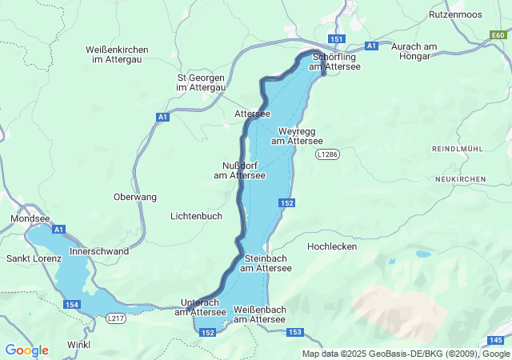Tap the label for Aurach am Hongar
[x=411, y=51]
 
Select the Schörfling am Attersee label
[x=336, y=62]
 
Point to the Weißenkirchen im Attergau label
[x=117, y=54]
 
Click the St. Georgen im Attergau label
[x=201, y=82]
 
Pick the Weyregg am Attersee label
[x=297, y=136]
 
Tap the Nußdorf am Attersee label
[x=239, y=170]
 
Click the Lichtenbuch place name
[x=196, y=217]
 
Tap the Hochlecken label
[x=331, y=246]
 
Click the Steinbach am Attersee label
[x=267, y=263]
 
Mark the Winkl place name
[x=79, y=345]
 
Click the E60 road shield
[x=498, y=35]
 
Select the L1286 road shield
[x=326, y=154]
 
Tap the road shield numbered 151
[x=336, y=39]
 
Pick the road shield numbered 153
[x=294, y=332]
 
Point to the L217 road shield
[x=116, y=318]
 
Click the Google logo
[x=26, y=350]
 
